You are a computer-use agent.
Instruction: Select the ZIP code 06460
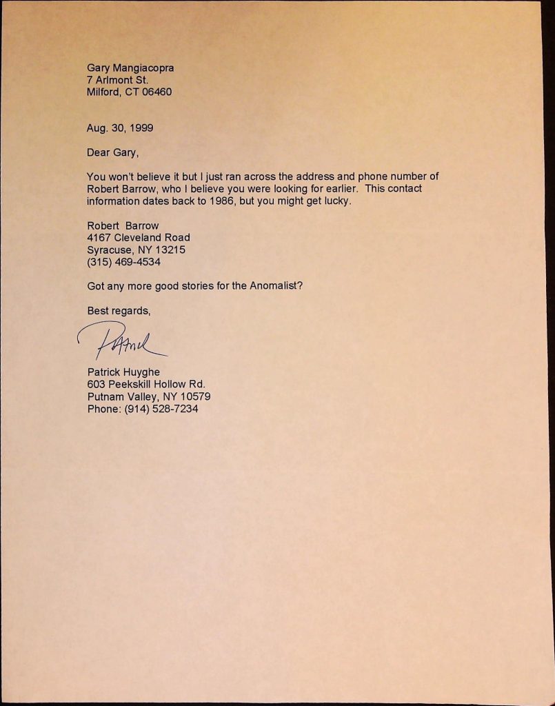(x=157, y=92)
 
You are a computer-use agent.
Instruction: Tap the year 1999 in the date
(x=139, y=128)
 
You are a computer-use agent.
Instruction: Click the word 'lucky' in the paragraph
(x=337, y=201)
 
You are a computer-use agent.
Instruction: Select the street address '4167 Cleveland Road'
(x=139, y=238)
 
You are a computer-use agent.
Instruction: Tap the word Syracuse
(x=108, y=250)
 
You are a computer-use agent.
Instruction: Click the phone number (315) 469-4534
(x=124, y=262)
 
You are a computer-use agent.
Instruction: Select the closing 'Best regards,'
(x=118, y=311)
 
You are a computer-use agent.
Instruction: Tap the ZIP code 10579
(x=196, y=396)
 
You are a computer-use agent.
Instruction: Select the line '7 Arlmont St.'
(x=117, y=80)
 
